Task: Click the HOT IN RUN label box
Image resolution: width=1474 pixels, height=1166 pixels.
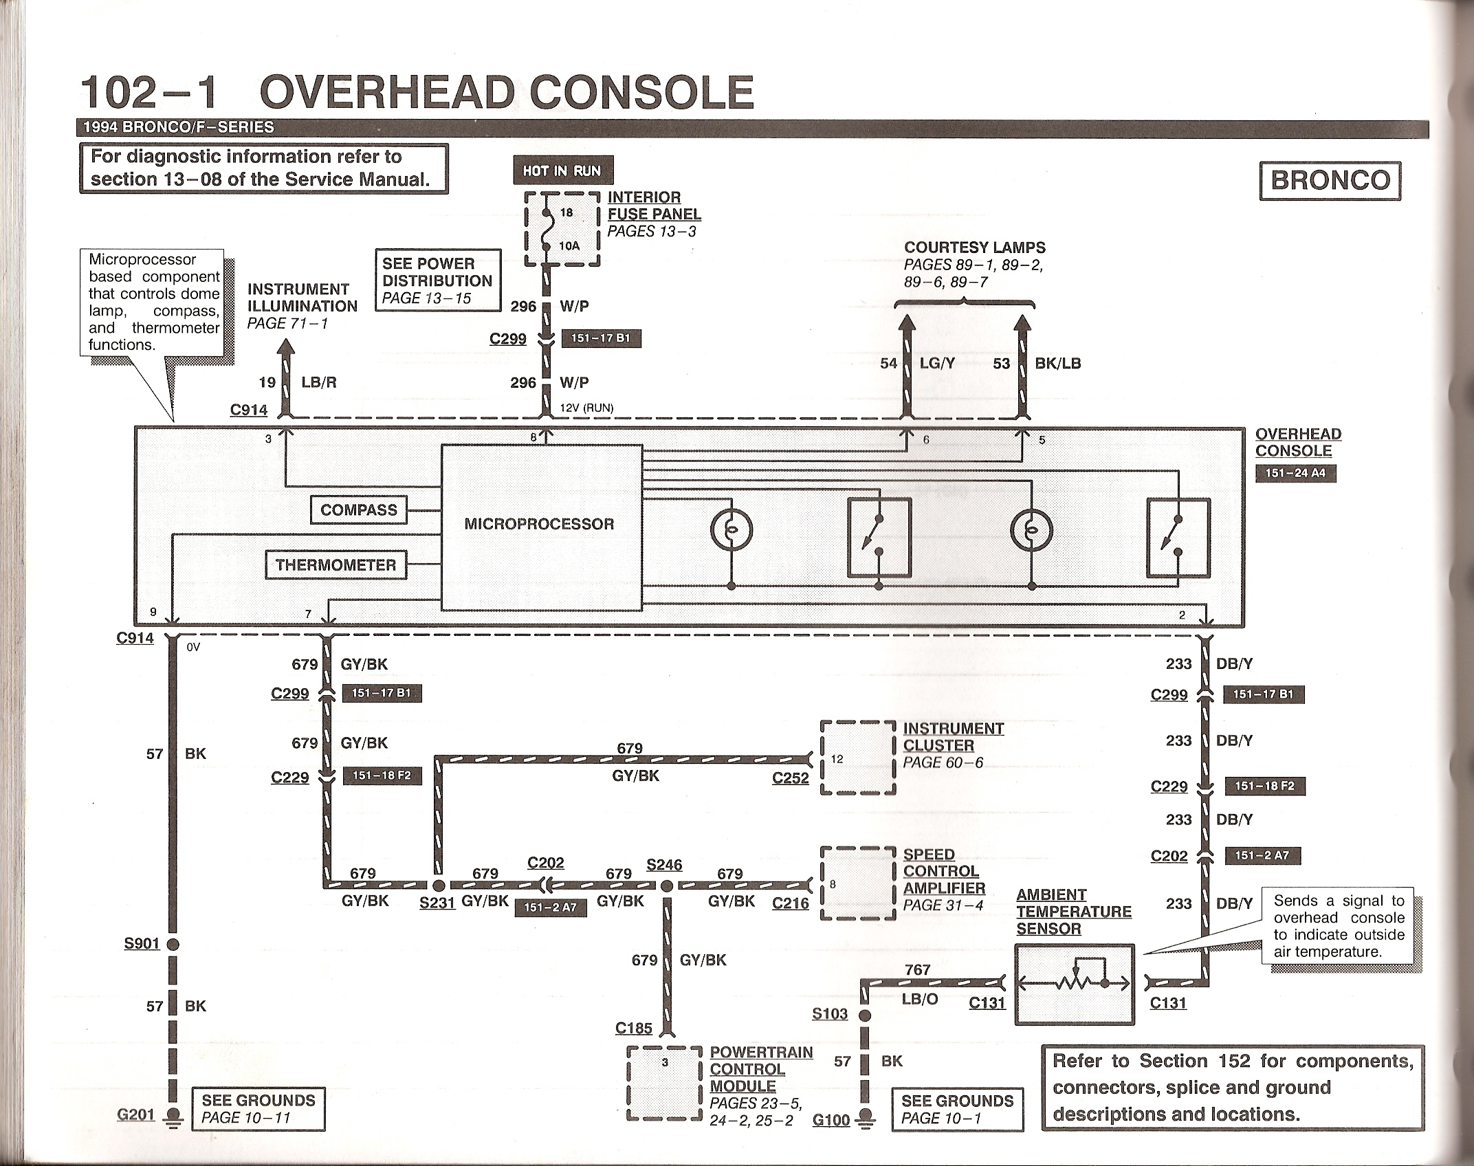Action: click(562, 170)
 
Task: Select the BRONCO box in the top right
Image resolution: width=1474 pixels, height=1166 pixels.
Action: click(1330, 181)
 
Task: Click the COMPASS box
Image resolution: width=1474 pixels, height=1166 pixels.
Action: click(359, 510)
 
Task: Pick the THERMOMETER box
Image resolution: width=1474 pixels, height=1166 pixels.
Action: click(335, 565)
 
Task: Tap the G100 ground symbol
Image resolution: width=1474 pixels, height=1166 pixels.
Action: click(866, 1118)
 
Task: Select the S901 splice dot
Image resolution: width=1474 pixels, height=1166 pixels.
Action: click(173, 945)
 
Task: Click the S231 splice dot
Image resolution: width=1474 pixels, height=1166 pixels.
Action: click(438, 885)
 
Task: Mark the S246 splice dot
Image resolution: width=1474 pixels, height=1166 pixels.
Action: click(666, 886)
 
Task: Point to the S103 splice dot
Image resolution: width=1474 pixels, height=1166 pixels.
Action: click(866, 1015)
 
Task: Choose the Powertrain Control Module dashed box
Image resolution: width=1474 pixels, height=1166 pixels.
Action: click(665, 1083)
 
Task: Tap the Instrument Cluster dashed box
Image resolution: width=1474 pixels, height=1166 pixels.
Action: click(858, 758)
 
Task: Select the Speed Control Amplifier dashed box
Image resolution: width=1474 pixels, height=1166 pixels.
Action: click(858, 883)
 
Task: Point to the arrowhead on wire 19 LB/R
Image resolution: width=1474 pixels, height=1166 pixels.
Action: click(285, 348)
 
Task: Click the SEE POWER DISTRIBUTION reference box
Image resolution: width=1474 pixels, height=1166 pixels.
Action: click(438, 280)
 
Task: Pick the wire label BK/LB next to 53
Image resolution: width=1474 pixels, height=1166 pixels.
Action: click(1057, 364)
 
